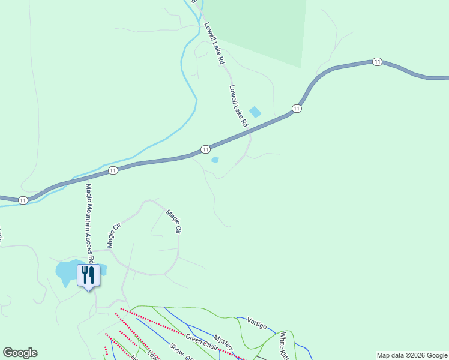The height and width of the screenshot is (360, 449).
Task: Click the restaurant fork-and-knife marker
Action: (x=88, y=275)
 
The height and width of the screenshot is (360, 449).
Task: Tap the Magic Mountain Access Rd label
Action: (x=89, y=223)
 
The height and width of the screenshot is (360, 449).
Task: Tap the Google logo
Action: (x=20, y=353)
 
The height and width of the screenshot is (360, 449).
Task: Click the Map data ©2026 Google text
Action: (x=412, y=355)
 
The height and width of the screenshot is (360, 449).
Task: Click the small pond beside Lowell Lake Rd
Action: (x=255, y=112)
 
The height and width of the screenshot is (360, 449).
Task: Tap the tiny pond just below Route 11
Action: (x=215, y=160)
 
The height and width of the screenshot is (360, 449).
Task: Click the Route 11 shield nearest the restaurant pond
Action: (x=23, y=200)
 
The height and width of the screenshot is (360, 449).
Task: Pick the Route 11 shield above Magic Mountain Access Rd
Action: (x=113, y=171)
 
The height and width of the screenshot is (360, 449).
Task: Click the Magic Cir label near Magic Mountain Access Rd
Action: (x=114, y=234)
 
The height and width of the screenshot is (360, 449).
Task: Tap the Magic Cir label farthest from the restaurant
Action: (x=174, y=221)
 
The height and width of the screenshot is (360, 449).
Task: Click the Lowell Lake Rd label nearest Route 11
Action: (x=238, y=105)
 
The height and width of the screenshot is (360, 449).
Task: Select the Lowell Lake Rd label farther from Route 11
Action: (x=214, y=44)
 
